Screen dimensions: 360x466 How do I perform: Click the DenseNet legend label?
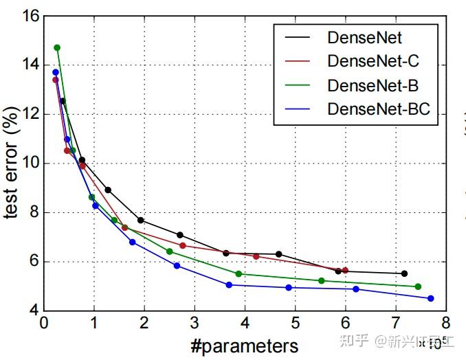(364, 37)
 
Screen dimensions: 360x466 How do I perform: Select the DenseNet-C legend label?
(373, 61)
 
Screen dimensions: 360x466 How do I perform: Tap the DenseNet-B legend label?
(373, 85)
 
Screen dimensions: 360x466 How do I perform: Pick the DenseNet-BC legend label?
(382, 109)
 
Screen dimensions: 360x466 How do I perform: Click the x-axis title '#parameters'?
(244, 345)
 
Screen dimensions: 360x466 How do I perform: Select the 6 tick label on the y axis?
(30, 262)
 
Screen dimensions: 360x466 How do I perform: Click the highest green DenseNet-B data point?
(57, 47)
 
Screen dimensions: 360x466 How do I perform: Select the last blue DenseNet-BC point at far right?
(431, 298)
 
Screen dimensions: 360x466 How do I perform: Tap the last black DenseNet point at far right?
(404, 273)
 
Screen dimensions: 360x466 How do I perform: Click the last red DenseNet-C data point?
(345, 271)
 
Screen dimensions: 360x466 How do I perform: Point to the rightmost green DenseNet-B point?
(418, 286)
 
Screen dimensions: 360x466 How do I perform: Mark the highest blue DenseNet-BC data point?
(56, 72)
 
